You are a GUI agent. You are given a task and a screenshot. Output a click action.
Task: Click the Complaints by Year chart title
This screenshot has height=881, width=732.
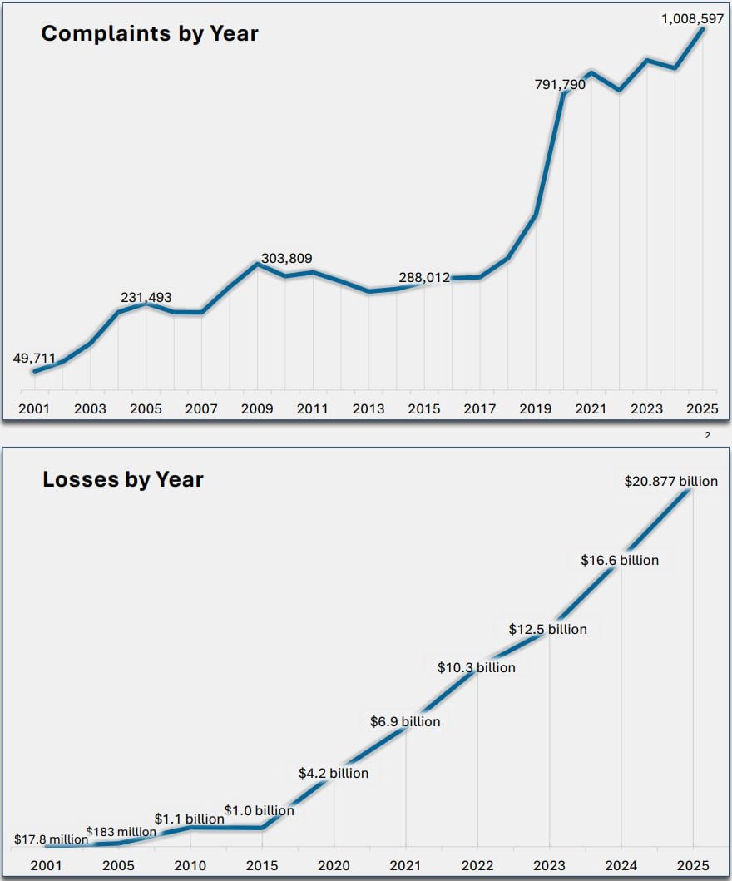(150, 34)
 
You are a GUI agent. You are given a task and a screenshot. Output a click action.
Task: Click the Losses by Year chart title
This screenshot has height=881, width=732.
(123, 479)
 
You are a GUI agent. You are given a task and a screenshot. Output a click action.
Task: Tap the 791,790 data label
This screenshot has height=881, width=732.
(559, 84)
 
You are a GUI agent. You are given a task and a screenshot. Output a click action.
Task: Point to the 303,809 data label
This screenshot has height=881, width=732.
(286, 259)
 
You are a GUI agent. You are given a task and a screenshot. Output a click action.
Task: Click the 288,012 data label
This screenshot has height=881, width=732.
(423, 278)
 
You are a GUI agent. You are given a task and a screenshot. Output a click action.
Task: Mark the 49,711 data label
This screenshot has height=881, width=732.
(34, 359)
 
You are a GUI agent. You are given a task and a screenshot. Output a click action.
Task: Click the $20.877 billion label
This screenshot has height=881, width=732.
(670, 482)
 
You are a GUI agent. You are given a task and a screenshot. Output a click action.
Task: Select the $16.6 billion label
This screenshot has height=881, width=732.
(620, 561)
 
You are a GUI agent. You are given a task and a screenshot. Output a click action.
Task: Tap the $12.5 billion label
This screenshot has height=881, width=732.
(548, 630)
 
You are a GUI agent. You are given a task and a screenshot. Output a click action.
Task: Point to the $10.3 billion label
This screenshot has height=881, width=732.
(477, 668)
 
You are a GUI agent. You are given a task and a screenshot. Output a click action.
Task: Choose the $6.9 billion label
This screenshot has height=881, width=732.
(405, 722)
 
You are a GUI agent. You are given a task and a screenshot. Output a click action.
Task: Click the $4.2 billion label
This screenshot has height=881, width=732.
(334, 774)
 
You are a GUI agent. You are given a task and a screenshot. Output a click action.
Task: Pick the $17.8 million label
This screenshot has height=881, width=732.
(51, 839)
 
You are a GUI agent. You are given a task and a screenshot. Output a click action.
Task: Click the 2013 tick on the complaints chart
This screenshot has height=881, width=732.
(368, 409)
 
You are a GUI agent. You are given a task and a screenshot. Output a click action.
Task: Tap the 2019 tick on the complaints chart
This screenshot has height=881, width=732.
(536, 409)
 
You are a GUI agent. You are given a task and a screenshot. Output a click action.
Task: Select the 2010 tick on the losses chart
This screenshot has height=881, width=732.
(191, 865)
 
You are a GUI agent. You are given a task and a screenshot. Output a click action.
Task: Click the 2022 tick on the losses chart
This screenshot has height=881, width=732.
(477, 865)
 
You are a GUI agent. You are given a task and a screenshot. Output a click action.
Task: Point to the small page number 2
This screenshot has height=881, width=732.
(707, 435)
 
